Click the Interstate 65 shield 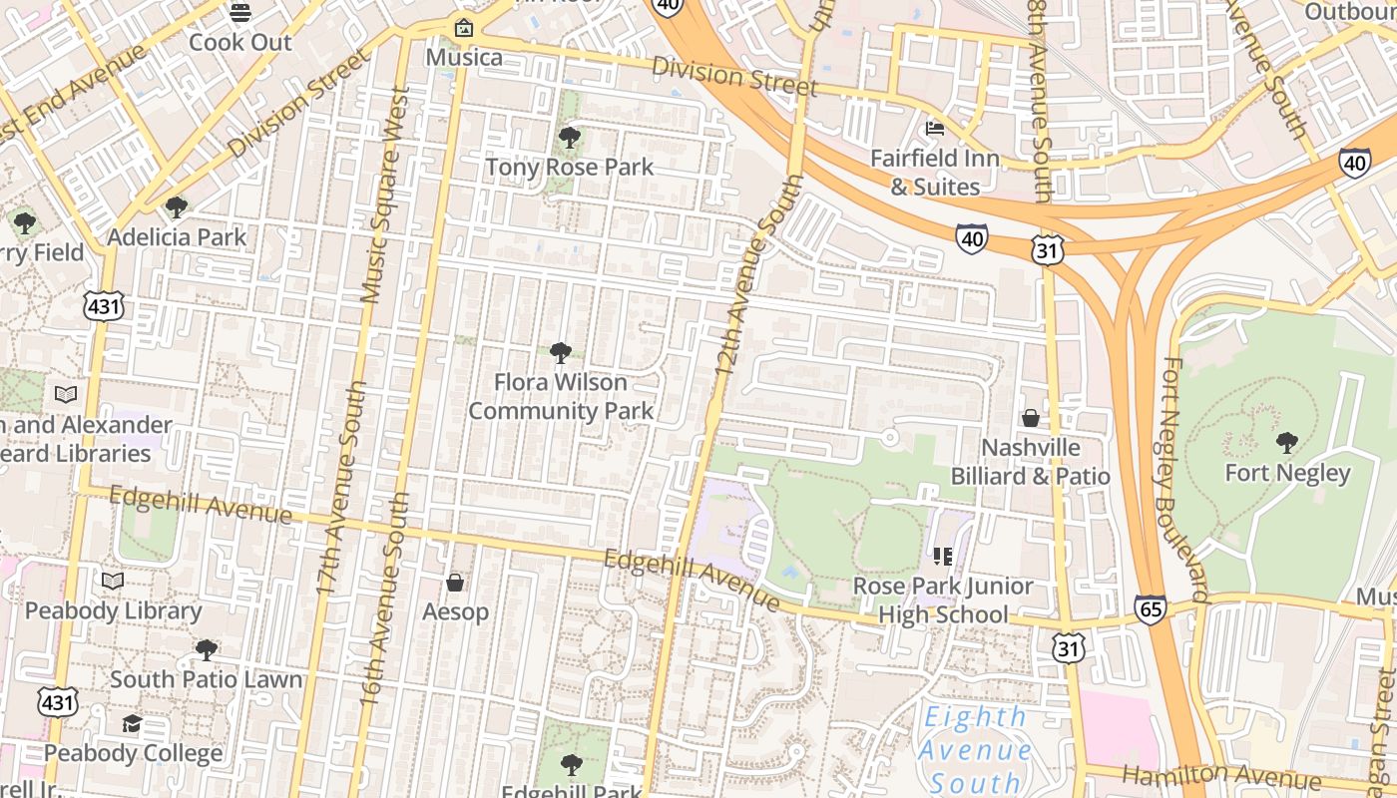[1150, 608]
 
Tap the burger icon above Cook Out [239, 12]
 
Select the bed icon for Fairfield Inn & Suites [935, 128]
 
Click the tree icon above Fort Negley [1287, 442]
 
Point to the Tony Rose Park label [569, 167]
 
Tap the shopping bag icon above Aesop [455, 582]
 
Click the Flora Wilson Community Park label [561, 396]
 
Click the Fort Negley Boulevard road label [1185, 479]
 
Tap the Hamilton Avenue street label [1221, 777]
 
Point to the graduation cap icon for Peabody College [132, 723]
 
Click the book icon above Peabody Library [113, 581]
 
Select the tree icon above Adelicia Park [177, 207]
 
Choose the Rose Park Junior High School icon [943, 556]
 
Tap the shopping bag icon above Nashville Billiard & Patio [1030, 418]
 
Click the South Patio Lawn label [206, 679]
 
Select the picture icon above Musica [463, 28]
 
